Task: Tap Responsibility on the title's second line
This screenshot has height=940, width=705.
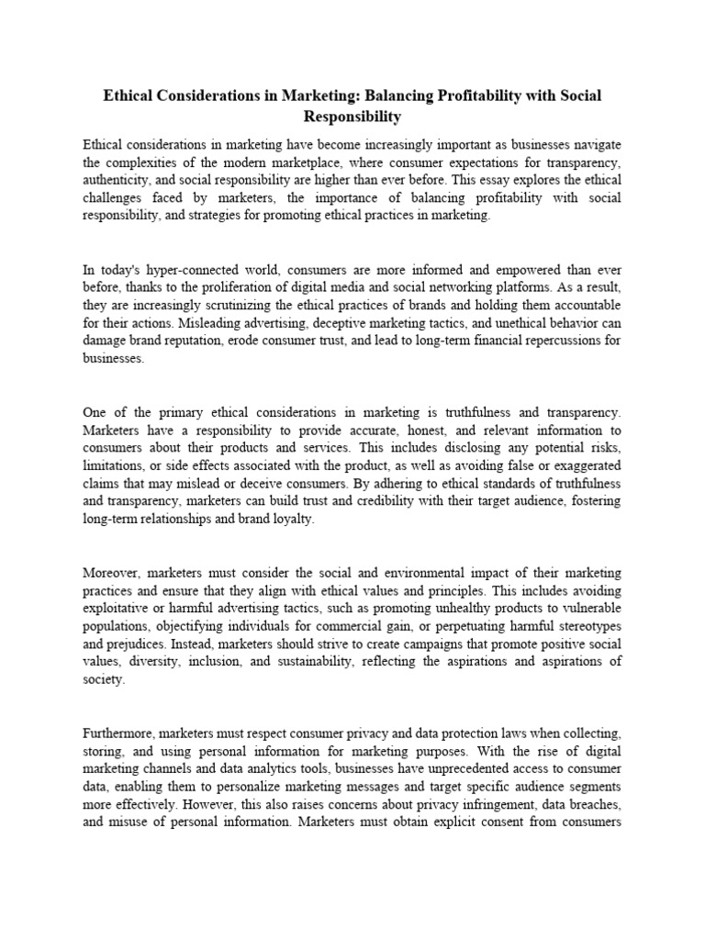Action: pos(353,117)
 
